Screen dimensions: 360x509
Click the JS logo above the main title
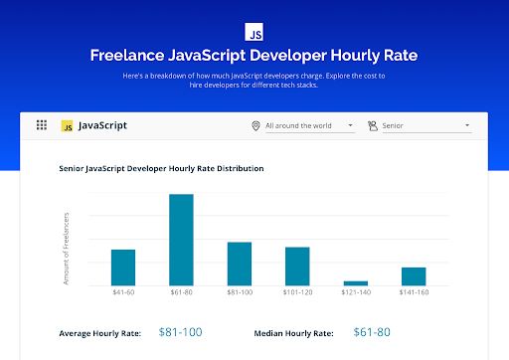(x=254, y=30)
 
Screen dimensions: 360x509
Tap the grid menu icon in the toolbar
(x=42, y=126)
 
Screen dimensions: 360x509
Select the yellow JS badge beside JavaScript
(x=68, y=126)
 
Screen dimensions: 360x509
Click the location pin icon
(x=256, y=126)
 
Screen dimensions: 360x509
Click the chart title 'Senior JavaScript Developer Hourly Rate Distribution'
(x=161, y=169)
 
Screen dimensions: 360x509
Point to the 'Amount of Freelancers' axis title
(x=67, y=248)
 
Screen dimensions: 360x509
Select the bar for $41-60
(x=122, y=267)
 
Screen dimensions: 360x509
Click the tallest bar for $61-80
(x=181, y=240)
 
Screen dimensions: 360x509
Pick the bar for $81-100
(x=240, y=264)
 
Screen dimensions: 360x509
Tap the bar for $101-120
(x=297, y=266)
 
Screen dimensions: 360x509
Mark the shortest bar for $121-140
(x=355, y=282)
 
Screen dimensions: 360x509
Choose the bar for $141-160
(x=414, y=275)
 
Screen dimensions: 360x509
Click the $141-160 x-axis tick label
(x=414, y=292)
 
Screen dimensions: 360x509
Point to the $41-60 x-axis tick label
(x=122, y=292)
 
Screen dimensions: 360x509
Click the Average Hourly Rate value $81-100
(x=180, y=331)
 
